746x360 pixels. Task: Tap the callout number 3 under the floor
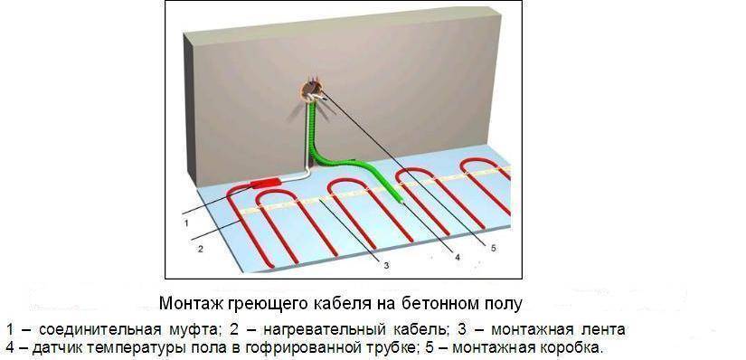coord(386,265)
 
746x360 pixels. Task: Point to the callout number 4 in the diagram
coord(457,258)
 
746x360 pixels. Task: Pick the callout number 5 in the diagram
coord(494,245)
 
